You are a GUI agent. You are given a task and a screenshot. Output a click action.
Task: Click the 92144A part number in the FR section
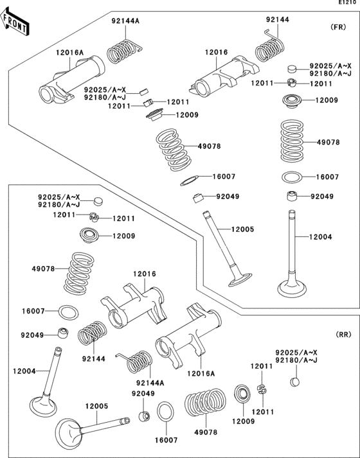(125, 21)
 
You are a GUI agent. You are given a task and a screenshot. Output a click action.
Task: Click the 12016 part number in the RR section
(145, 274)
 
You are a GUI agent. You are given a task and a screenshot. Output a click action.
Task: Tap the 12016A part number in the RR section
(201, 373)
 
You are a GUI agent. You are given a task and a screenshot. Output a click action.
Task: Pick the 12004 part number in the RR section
(24, 371)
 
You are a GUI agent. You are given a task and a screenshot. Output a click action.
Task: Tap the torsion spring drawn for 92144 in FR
(270, 49)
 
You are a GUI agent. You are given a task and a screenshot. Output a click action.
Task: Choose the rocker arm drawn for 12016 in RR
(135, 304)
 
